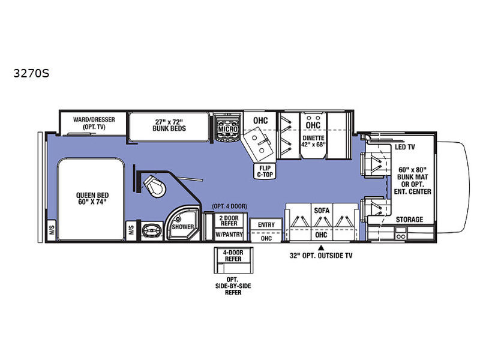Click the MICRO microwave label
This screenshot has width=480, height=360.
point(228,129)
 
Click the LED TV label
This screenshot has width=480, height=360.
point(405,146)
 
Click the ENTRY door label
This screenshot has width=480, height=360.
point(266,224)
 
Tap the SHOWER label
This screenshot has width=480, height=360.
point(183,227)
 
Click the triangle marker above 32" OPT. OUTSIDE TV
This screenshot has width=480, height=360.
point(322,247)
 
